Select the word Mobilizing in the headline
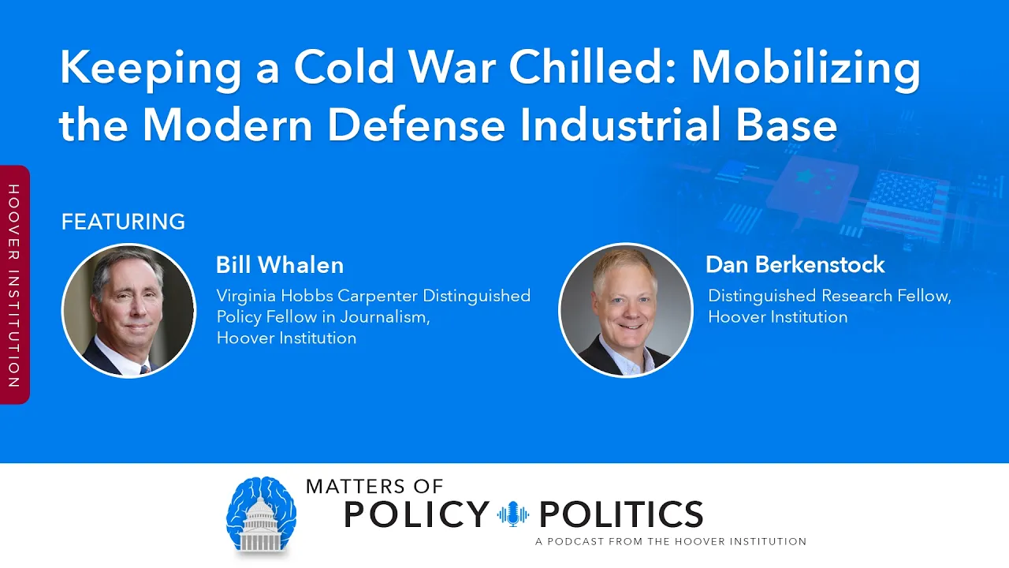pos(806,70)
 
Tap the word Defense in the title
pos(416,125)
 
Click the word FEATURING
pos(123,222)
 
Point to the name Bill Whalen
pos(280,264)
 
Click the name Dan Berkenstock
pos(795,264)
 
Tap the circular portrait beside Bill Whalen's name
pos(128,311)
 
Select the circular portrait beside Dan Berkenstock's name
pos(626,310)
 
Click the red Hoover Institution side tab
pos(14,285)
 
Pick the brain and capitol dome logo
pos(261,515)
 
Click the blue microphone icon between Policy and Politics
pos(513,514)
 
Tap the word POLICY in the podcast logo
pos(416,514)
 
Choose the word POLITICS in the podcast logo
pos(620,514)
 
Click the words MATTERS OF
pos(374,487)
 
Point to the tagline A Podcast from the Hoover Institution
pos(671,541)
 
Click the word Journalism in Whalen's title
pos(385,317)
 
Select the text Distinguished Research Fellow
pos(829,296)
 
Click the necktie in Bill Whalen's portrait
pos(145,370)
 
